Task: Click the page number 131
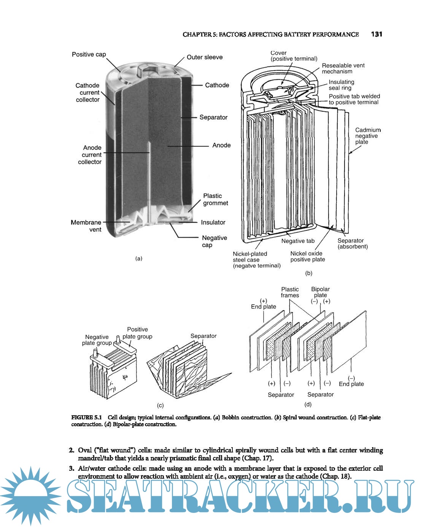pyautogui.click(x=377, y=34)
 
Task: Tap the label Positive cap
pyautogui.click(x=89, y=54)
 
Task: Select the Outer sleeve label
pyautogui.click(x=205, y=57)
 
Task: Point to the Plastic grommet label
pyautogui.click(x=215, y=200)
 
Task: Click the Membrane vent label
pyautogui.click(x=86, y=226)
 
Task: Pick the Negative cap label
pyautogui.click(x=214, y=241)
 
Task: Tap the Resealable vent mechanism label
pyautogui.click(x=343, y=68)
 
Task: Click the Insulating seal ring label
pyautogui.click(x=341, y=85)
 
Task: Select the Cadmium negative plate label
pyautogui.click(x=367, y=136)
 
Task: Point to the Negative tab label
pyautogui.click(x=298, y=241)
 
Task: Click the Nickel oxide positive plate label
pyautogui.click(x=307, y=256)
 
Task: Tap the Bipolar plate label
pyautogui.click(x=320, y=292)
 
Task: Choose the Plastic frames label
pyautogui.click(x=290, y=292)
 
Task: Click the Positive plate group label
pyautogui.click(x=137, y=333)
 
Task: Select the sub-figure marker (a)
pyautogui.click(x=139, y=259)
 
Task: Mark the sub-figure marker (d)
pyautogui.click(x=308, y=404)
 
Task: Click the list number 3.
pyautogui.click(x=71, y=468)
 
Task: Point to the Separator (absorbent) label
pyautogui.click(x=352, y=243)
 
